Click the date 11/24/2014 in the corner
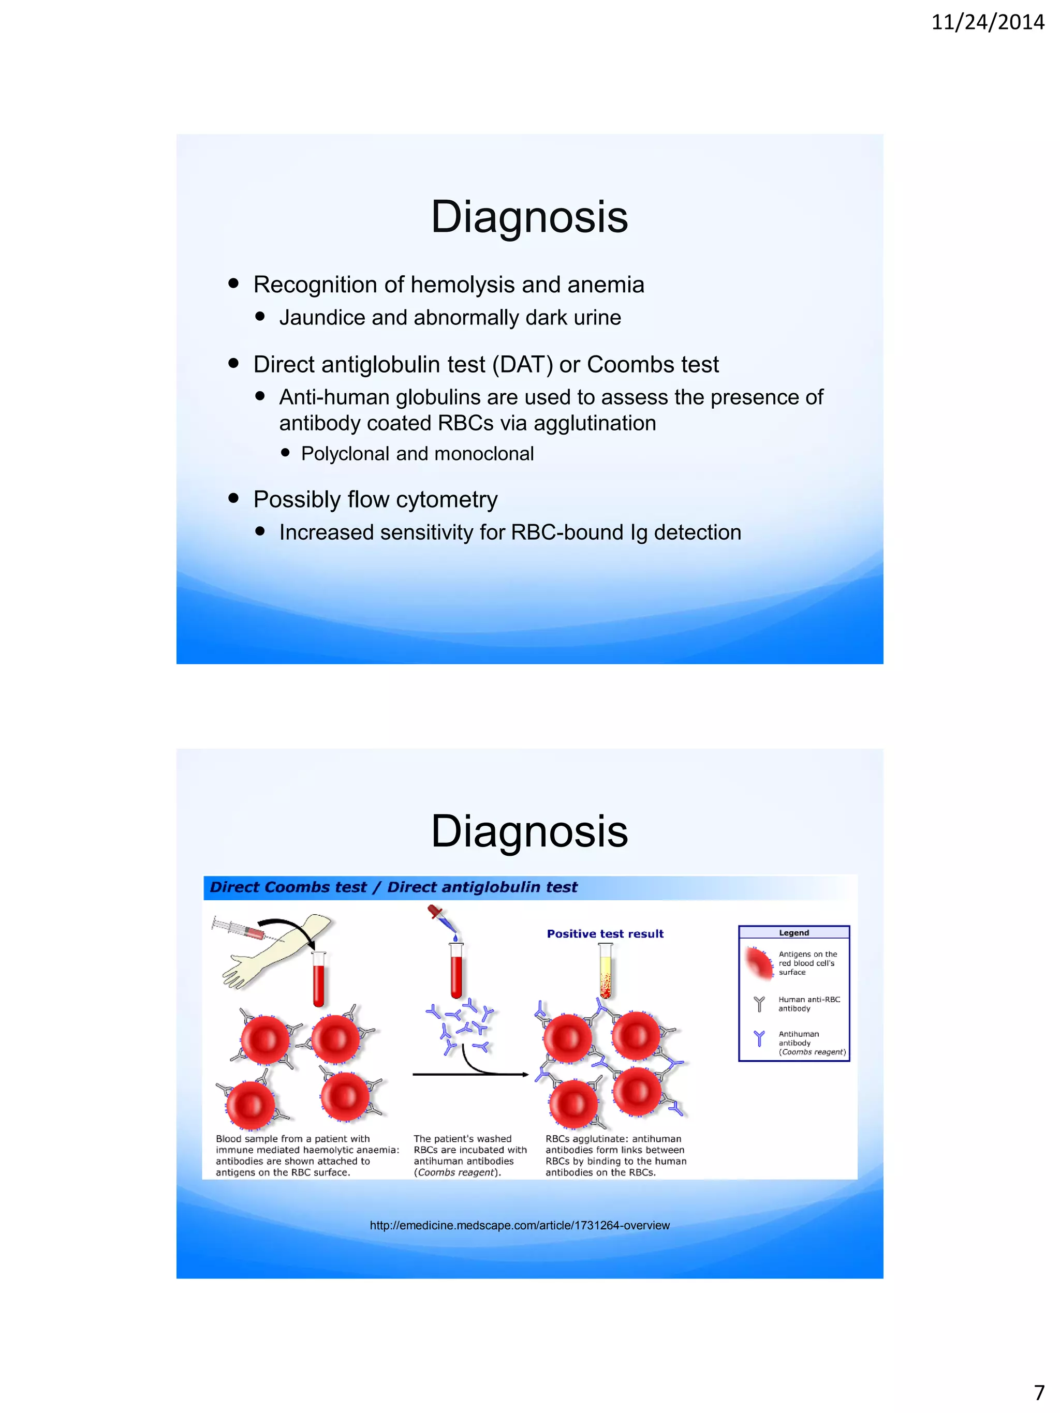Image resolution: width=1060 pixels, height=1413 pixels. pos(987,23)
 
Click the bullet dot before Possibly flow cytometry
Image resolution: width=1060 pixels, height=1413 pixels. pos(233,498)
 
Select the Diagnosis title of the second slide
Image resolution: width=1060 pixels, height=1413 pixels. pos(529,831)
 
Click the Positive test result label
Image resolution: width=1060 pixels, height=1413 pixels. pos(605,933)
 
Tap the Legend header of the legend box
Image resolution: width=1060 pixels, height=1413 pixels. pos(793,933)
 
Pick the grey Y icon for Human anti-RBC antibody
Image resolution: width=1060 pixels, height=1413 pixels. pos(759,1004)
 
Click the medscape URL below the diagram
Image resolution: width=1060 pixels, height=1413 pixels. pos(520,1225)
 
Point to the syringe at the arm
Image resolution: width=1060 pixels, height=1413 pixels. pos(240,928)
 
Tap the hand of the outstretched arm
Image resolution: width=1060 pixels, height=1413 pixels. pos(238,971)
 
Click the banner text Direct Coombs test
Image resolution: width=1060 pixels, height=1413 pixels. pos(288,887)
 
